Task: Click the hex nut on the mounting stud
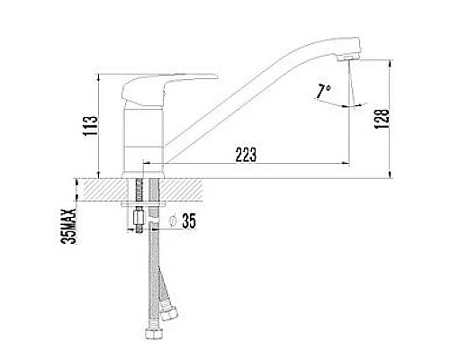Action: (x=139, y=218)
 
